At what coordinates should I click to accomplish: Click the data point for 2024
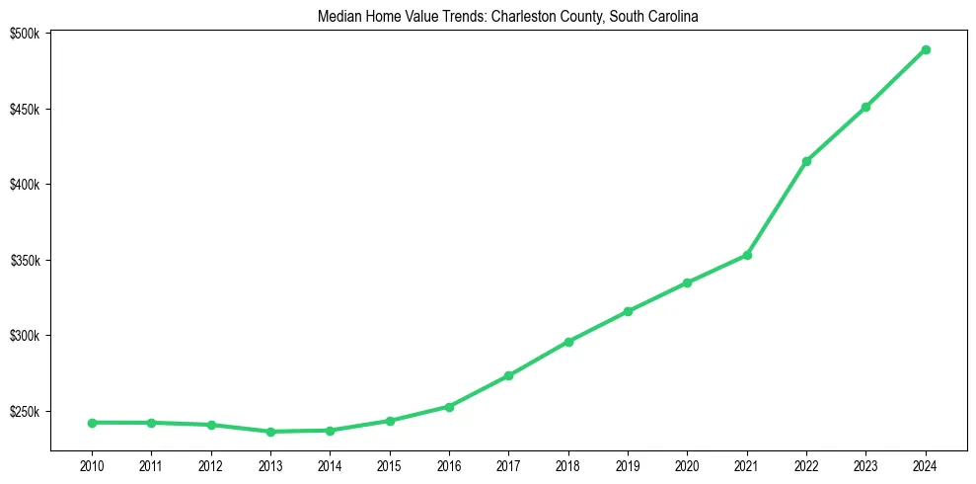(926, 49)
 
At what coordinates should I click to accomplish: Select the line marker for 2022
(806, 161)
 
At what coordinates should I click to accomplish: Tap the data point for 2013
(270, 432)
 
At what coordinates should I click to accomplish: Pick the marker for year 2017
(508, 375)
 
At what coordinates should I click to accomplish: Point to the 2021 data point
(747, 255)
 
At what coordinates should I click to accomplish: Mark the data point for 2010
(92, 423)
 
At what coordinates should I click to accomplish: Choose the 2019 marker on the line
(628, 311)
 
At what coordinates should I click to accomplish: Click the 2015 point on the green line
(390, 421)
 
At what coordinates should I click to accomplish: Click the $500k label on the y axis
(25, 34)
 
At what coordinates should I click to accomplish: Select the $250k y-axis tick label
(25, 412)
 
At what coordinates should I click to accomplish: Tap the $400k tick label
(25, 185)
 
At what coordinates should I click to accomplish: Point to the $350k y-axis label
(25, 261)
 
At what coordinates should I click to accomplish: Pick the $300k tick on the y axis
(25, 336)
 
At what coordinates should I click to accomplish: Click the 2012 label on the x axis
(210, 464)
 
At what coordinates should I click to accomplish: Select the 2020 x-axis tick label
(687, 464)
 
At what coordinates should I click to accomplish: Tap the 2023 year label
(865, 464)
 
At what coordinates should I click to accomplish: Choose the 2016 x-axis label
(449, 464)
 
